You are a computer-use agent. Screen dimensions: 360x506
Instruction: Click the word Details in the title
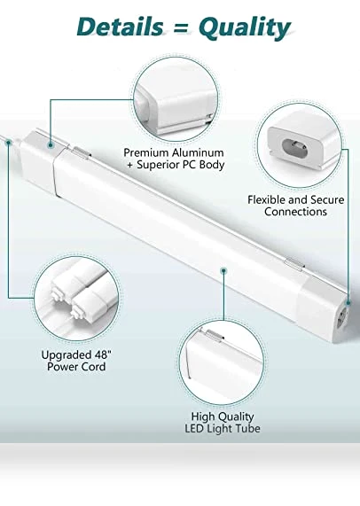pyautogui.click(x=120, y=27)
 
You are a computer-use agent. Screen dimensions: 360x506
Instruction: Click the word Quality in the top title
pyautogui.click(x=245, y=28)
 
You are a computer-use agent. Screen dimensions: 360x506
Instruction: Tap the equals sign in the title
pyautogui.click(x=181, y=27)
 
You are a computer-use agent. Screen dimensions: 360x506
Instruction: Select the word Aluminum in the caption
pyautogui.click(x=198, y=152)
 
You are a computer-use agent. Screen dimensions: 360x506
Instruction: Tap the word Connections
pyautogui.click(x=295, y=212)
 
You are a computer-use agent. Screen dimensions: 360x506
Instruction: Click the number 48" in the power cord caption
pyautogui.click(x=103, y=354)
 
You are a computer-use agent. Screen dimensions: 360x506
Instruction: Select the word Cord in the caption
pyautogui.click(x=93, y=367)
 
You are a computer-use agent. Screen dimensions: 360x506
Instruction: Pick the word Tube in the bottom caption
pyautogui.click(x=248, y=429)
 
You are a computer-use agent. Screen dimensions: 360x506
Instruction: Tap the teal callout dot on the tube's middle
pyautogui.click(x=223, y=271)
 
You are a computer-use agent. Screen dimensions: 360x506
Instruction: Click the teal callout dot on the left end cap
pyautogui.click(x=51, y=146)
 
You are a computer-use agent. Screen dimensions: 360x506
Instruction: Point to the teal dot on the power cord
pyautogui.click(x=9, y=142)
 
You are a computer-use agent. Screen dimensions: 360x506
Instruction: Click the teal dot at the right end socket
pyautogui.click(x=348, y=303)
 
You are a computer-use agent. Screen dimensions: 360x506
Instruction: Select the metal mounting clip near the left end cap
pyautogui.click(x=81, y=152)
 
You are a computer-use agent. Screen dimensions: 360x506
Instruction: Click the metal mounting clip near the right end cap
pyautogui.click(x=294, y=263)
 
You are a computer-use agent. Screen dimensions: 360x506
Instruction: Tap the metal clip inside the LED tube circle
pyautogui.click(x=215, y=335)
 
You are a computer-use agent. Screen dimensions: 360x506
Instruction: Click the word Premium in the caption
pyautogui.click(x=146, y=152)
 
